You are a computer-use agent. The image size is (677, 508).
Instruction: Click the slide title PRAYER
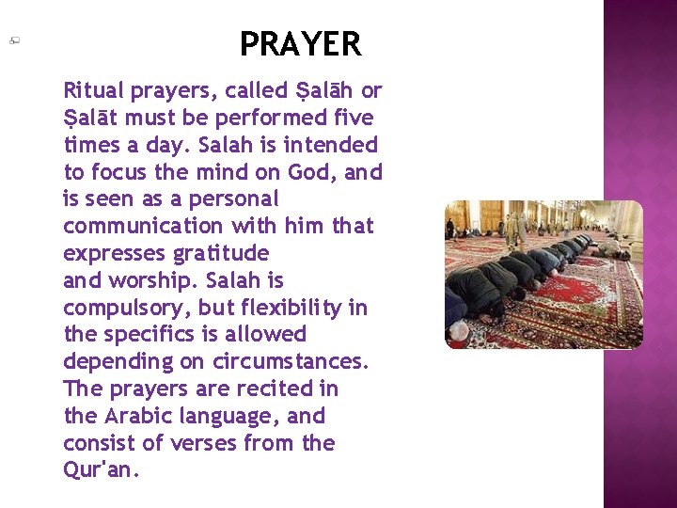pyautogui.click(x=300, y=44)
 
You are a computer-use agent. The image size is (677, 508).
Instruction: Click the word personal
pyautogui.click(x=233, y=199)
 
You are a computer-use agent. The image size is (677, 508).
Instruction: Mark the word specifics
pyautogui.click(x=166, y=335)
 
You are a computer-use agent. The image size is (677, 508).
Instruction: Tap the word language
pyautogui.click(x=235, y=417)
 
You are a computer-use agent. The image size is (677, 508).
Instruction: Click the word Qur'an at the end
pyautogui.click(x=101, y=470)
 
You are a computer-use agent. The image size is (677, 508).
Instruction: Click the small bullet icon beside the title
pyautogui.click(x=16, y=40)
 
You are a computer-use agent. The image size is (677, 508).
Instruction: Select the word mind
pyautogui.click(x=217, y=173)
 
